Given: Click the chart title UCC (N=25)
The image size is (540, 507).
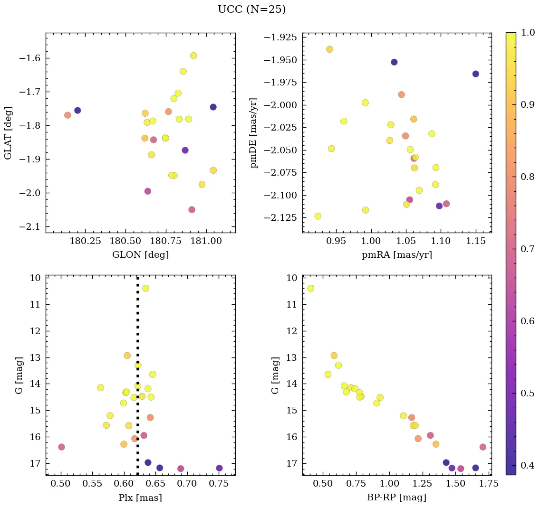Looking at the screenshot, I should (x=251, y=9).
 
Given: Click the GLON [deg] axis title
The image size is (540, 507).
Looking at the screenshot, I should (x=140, y=255).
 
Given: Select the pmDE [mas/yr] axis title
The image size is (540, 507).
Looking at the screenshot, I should (x=254, y=132).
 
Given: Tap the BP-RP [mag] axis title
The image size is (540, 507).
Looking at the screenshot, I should (x=396, y=498).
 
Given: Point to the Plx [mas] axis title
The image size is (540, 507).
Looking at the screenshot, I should (x=140, y=498).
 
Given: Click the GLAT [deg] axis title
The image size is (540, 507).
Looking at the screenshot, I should (x=8, y=132).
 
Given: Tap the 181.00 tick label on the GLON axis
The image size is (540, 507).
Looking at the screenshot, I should (x=206, y=241).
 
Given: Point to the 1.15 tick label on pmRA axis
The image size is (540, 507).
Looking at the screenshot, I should (x=476, y=241).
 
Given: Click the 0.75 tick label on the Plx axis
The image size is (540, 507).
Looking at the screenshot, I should (x=219, y=484).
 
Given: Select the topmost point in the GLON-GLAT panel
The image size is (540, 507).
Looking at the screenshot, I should (x=193, y=56).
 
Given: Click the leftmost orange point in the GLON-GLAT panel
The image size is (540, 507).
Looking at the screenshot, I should (x=67, y=115).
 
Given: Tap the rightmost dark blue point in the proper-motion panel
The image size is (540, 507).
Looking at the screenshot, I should (x=475, y=74).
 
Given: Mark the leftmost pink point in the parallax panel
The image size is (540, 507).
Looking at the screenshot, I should (x=61, y=447).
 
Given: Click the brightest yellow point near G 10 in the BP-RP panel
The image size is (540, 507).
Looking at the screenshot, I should (x=311, y=288).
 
